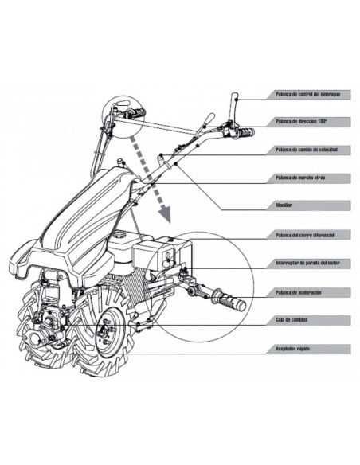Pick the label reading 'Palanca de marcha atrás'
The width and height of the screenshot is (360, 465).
[299, 178]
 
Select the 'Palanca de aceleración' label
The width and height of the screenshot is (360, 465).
[299, 292]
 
